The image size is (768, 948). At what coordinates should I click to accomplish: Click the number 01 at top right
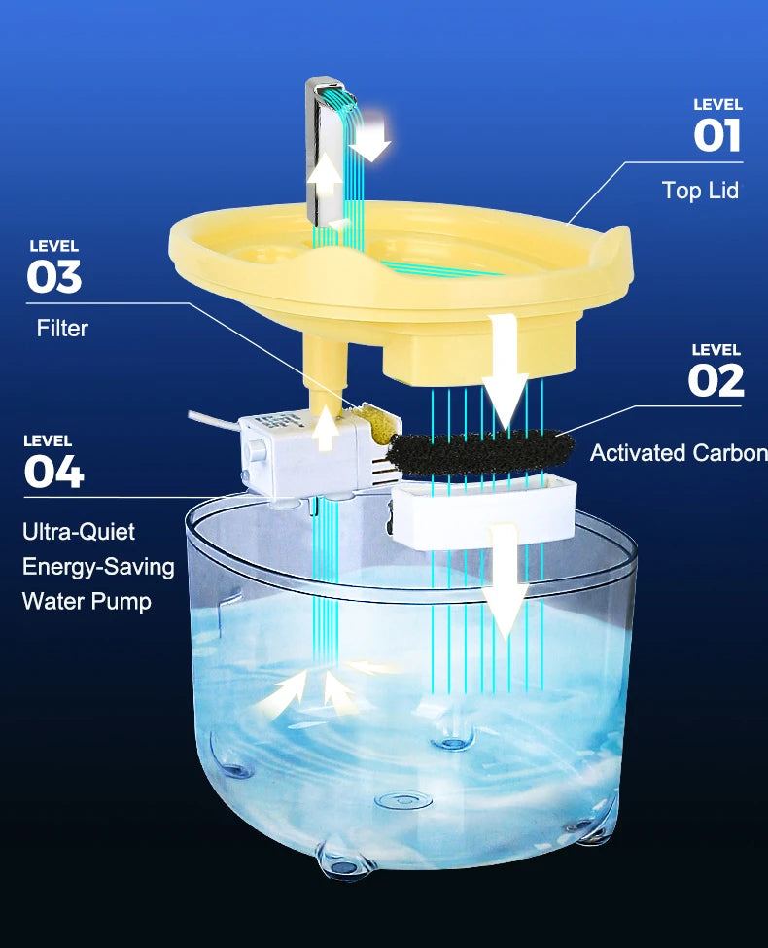point(717,135)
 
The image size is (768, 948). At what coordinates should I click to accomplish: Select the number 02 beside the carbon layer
point(716,380)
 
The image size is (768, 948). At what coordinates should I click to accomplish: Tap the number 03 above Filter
point(53,277)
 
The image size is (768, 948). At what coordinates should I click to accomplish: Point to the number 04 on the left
point(53,472)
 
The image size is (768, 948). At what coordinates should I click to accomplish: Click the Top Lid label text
point(700,191)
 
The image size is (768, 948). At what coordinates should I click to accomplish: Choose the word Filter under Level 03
point(62,329)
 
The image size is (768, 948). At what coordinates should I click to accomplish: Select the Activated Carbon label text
point(678,453)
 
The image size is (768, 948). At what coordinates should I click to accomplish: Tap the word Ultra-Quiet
point(79,532)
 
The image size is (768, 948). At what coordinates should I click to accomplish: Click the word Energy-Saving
point(98,567)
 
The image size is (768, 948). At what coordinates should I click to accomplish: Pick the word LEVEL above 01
point(717,104)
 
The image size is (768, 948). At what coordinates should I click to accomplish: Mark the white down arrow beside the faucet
point(372,139)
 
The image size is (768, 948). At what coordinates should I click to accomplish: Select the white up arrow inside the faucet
point(325,178)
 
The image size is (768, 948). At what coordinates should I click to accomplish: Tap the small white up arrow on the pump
point(326,431)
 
